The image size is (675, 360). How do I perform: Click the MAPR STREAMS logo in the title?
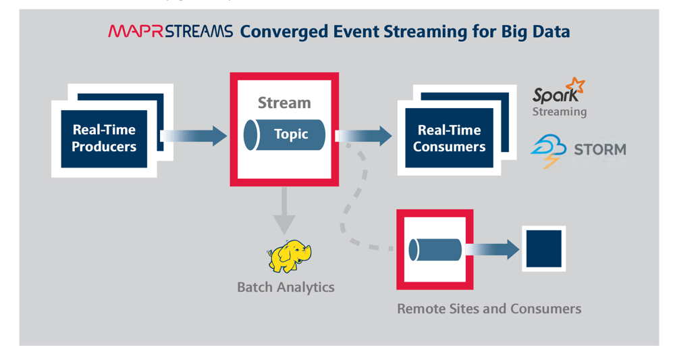(170, 31)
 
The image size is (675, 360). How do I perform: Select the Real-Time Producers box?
(104, 138)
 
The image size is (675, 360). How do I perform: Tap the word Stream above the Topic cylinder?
(284, 103)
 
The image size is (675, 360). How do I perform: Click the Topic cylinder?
(284, 134)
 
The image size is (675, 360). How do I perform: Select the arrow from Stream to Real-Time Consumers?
(364, 136)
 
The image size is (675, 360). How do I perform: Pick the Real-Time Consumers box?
(449, 138)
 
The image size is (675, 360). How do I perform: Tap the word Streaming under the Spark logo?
(559, 111)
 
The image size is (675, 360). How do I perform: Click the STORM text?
(599, 149)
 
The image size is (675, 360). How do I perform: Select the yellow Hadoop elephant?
(289, 257)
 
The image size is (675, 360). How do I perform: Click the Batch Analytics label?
(286, 287)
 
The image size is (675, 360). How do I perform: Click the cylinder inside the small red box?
(435, 250)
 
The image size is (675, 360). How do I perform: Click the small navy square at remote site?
(543, 249)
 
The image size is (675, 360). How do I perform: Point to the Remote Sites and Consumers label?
(489, 309)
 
